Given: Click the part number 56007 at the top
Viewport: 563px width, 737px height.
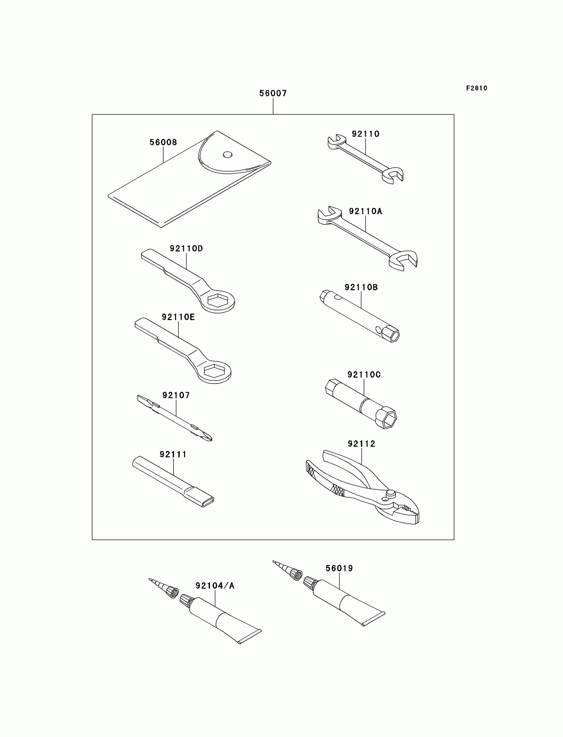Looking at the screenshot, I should point(273,93).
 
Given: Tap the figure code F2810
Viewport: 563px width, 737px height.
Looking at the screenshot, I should point(476,88).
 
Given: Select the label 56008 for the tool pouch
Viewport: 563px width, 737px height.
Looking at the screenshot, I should point(163,142).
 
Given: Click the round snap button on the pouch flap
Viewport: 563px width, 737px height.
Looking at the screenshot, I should point(228,154).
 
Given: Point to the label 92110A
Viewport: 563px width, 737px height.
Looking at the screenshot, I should point(365,211).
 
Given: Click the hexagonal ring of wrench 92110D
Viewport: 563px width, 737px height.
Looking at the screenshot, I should point(218,300).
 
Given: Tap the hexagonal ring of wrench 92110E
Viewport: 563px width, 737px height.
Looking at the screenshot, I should point(214,371).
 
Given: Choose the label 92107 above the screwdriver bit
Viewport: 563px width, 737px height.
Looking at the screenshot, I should point(176,395).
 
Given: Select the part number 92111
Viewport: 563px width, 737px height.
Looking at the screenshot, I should point(173,454).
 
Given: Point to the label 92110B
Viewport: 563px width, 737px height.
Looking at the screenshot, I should point(361,287).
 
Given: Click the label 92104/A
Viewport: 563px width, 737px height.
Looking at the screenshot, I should point(215,586).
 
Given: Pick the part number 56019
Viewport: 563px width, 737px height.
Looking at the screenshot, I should point(339,568).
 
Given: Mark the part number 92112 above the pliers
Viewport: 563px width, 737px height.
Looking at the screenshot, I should point(361,444).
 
